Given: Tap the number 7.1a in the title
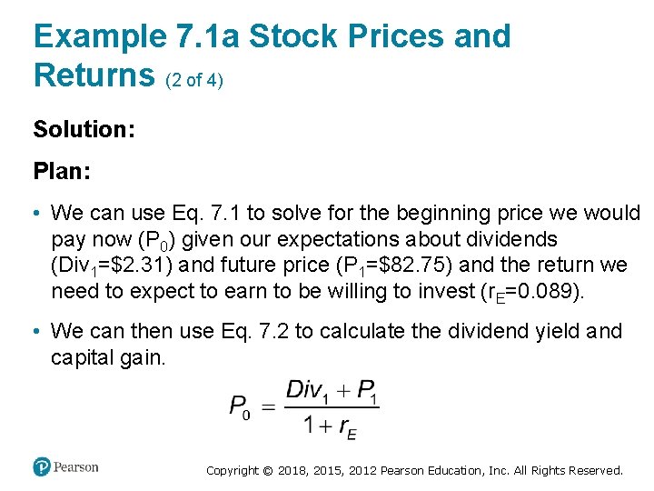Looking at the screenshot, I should (206, 36).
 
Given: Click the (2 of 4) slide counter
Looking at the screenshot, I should (194, 80).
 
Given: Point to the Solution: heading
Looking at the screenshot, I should (84, 129).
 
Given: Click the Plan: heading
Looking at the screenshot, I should (63, 171).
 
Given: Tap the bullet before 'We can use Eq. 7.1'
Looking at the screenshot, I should (37, 214).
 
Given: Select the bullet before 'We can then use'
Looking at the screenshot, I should (37, 332).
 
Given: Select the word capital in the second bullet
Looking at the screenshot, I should (84, 357).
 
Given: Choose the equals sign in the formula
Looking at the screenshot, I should (268, 406).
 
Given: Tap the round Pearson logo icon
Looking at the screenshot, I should (42, 467).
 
